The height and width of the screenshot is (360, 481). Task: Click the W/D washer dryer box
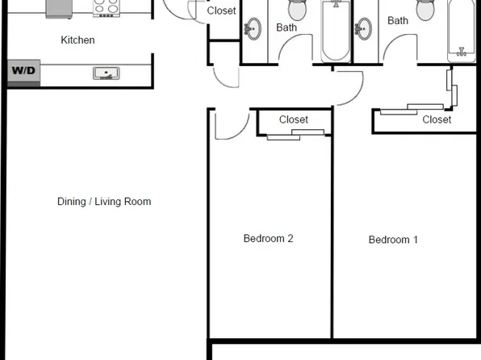coord(23,71)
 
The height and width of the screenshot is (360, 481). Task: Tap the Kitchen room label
coord(77,40)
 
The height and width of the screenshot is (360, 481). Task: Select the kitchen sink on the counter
coord(106,74)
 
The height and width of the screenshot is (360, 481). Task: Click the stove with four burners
coord(106,9)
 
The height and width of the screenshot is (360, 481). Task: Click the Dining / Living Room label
coord(104,202)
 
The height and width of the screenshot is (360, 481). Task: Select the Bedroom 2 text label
coord(268,238)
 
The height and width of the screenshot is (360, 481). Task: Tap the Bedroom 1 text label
coord(393,240)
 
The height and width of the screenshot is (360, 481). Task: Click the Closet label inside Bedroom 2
coord(293,119)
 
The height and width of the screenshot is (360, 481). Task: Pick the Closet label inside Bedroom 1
coord(437,119)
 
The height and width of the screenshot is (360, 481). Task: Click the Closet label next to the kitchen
coord(222,10)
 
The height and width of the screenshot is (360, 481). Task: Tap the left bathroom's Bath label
coord(287,27)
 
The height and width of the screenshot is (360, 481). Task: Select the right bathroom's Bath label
coord(398,21)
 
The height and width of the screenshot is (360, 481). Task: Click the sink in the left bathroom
coord(253,28)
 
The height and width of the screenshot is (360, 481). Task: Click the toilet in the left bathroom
coord(297,10)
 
